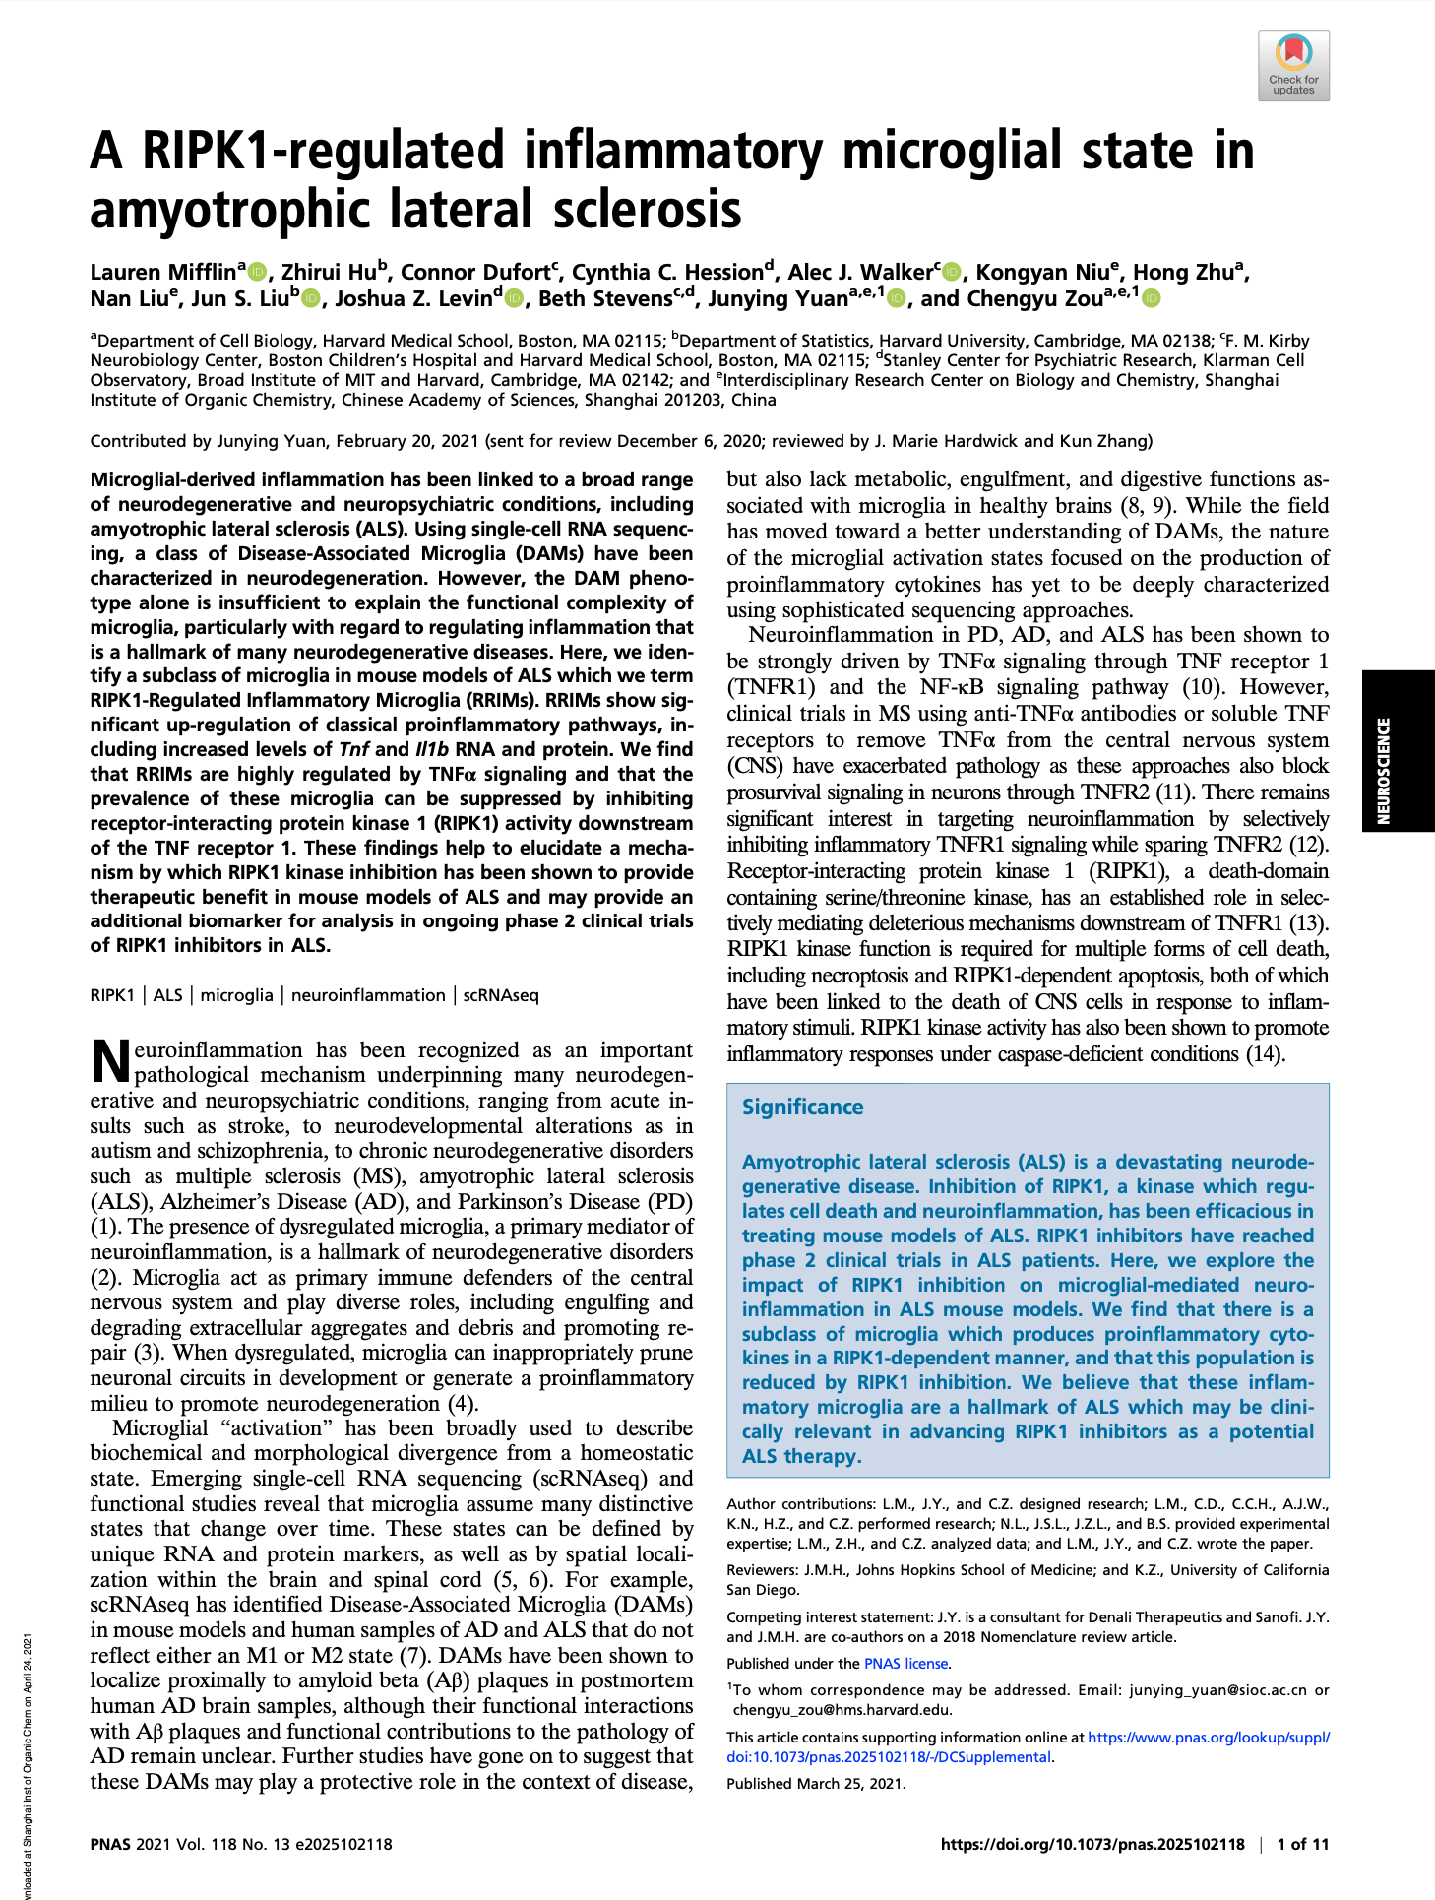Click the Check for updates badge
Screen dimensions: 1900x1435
(1293, 65)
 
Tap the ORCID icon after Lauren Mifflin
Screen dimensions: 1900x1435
(258, 272)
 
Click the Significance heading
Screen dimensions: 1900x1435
(802, 1108)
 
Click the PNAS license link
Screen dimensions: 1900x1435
(905, 1663)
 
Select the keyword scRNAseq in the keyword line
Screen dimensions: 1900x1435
(501, 995)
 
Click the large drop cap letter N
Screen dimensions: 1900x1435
(109, 1061)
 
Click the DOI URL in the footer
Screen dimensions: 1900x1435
(1092, 1844)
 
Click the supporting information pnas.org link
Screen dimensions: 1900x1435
(1209, 1738)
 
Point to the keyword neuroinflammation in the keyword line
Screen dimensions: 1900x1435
(368, 995)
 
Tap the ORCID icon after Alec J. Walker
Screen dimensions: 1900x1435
(951, 273)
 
